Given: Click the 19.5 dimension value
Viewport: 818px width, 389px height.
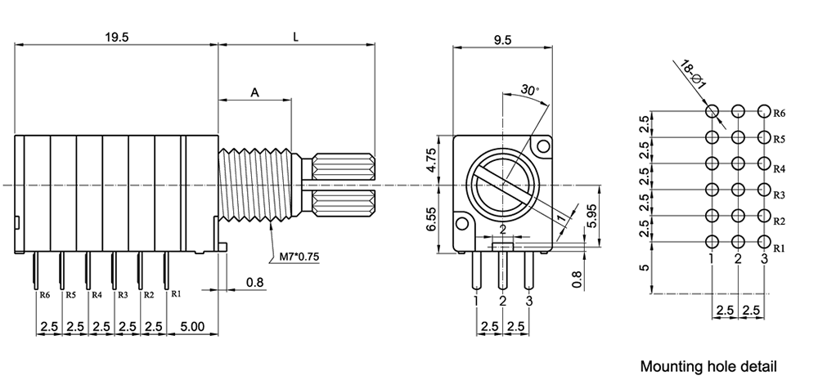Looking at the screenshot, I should pos(116,37).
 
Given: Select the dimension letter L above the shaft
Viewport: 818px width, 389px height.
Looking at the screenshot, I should pos(295,37).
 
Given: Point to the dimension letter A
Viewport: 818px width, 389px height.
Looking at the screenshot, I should pos(254,94).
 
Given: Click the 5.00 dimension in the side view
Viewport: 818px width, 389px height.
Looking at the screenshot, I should pos(192,326).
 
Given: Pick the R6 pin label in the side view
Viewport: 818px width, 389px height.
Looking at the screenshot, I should pos(44,294).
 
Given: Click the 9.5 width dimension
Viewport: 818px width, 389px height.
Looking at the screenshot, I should pos(503,40).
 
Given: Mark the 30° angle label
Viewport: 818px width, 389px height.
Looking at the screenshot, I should pos(529,89).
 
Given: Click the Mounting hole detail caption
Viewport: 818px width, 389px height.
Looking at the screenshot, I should pos(708,366).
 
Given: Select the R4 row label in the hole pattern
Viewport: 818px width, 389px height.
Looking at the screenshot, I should pos(779,168).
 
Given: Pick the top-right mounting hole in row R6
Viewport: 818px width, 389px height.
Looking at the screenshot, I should pos(764,111).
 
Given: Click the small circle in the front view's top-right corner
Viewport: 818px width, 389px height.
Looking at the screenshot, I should pos(541,146).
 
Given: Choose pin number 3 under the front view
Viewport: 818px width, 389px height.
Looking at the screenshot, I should pos(529,301).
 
